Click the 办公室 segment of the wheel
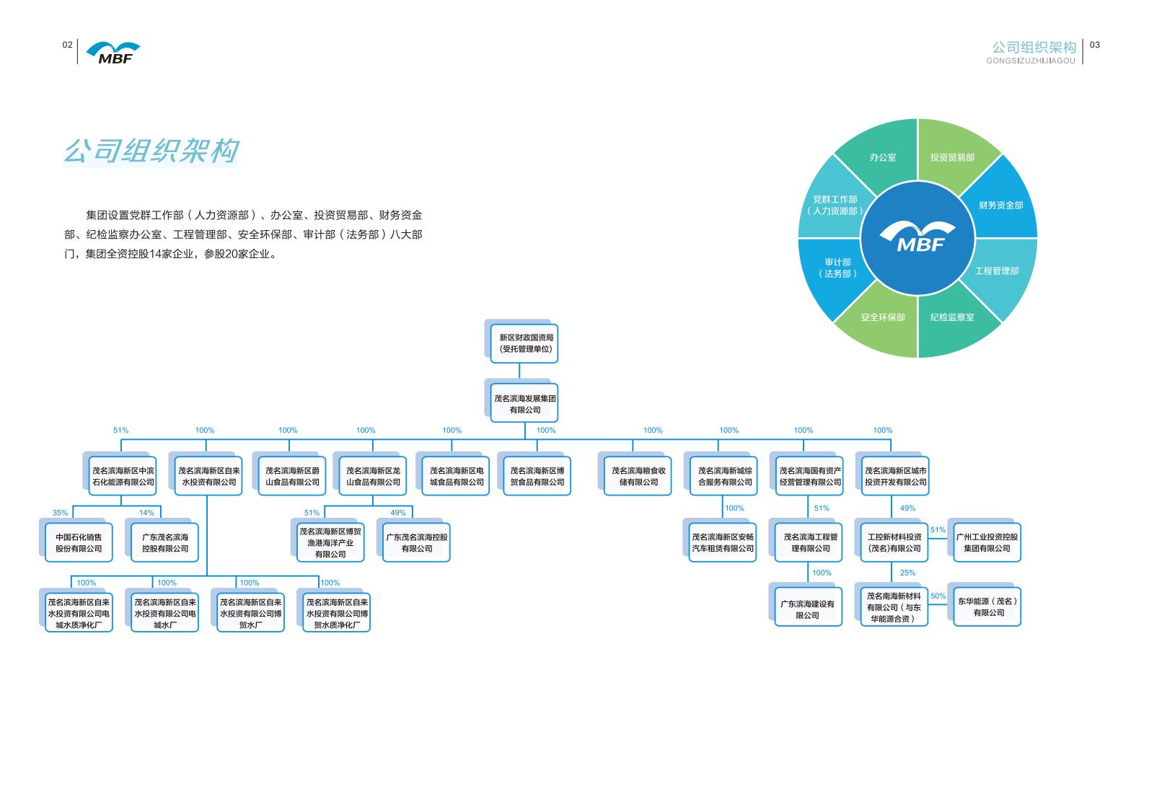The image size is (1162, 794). tap(882, 157)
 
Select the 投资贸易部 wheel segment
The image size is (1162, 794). tap(952, 157)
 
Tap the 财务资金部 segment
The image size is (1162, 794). tap(1000, 206)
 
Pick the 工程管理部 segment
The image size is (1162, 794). tap(997, 271)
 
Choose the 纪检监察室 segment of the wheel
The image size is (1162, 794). tap(952, 317)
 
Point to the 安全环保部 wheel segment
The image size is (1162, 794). tap(882, 317)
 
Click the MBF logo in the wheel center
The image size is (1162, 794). tap(917, 238)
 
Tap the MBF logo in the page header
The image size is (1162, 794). tap(113, 53)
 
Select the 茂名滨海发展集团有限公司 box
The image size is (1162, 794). tap(524, 404)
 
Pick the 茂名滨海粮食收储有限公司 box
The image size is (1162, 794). tap(638, 476)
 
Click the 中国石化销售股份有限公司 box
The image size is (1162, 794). tap(79, 543)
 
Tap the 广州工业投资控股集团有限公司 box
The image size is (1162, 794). tap(987, 543)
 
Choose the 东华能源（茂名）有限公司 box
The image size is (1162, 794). tap(987, 606)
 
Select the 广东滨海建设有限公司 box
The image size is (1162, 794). tap(808, 609)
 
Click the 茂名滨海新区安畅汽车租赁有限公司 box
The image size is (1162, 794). tap(723, 543)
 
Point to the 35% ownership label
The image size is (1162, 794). tap(60, 513)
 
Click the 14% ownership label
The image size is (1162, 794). tap(146, 513)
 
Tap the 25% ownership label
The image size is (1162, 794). tap(907, 573)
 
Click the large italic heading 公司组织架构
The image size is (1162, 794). tap(151, 151)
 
